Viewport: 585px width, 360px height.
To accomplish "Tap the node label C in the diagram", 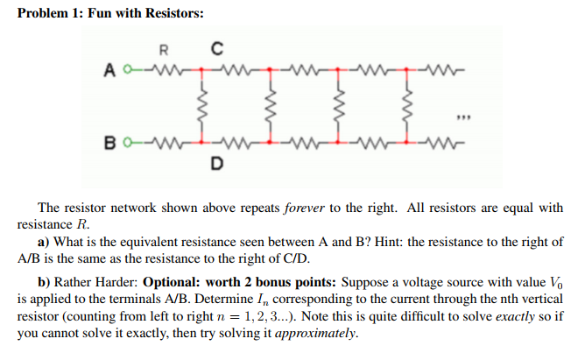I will coord(215,47).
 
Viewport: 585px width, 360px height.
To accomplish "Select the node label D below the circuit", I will coord(215,162).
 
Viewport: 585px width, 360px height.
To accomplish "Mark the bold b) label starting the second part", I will coord(44,284).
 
